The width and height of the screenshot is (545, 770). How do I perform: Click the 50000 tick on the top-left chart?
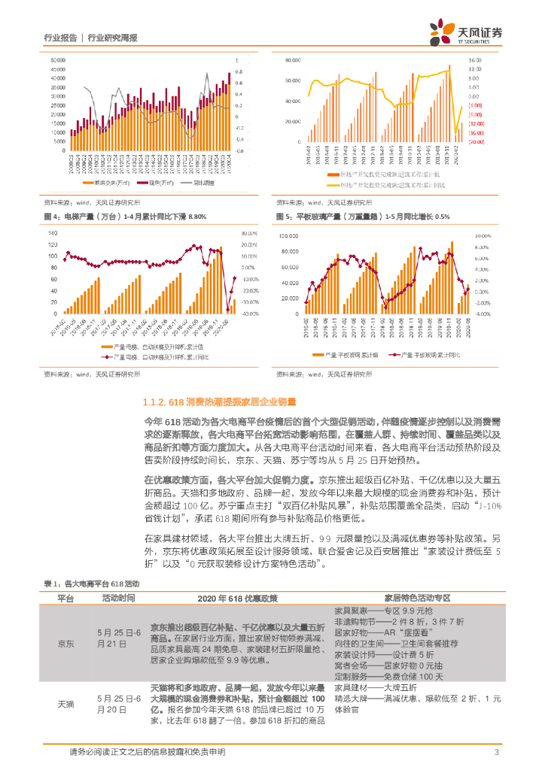(x=56, y=59)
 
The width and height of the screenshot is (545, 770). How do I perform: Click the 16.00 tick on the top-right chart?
(x=474, y=59)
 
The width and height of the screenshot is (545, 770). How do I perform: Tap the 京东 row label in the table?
(x=66, y=644)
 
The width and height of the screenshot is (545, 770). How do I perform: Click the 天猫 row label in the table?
(x=66, y=704)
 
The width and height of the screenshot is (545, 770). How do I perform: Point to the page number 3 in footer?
(x=496, y=753)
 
